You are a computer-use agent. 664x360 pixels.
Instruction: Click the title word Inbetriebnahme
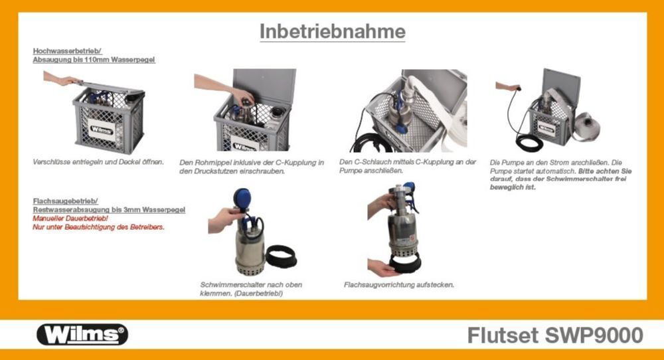pos(332,31)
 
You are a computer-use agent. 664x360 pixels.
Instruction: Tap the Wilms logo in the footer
pos(82,334)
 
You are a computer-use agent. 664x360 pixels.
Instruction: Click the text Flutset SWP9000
pos(555,335)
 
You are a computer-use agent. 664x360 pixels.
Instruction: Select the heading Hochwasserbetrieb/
pos(67,50)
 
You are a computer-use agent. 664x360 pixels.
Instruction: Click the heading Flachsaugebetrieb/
pos(66,201)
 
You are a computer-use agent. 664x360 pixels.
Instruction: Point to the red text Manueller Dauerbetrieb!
pos(70,219)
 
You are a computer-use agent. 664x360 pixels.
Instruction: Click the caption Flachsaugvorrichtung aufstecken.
pos(399,285)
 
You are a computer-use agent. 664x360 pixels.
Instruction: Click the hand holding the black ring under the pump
pos(384,268)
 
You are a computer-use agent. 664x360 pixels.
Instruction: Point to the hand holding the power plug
pos(506,86)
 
